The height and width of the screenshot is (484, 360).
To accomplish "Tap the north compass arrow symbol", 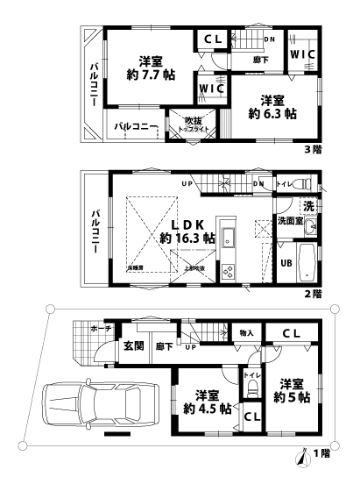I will tap(302, 455).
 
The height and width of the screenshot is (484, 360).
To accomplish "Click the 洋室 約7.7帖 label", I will tap(150, 68).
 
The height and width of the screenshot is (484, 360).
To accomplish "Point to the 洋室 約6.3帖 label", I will tap(267, 107).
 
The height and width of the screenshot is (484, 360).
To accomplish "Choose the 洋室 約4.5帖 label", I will tap(207, 402).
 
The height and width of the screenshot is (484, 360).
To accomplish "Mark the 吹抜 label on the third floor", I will tap(193, 120).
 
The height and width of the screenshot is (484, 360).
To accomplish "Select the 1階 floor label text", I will tap(324, 455).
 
